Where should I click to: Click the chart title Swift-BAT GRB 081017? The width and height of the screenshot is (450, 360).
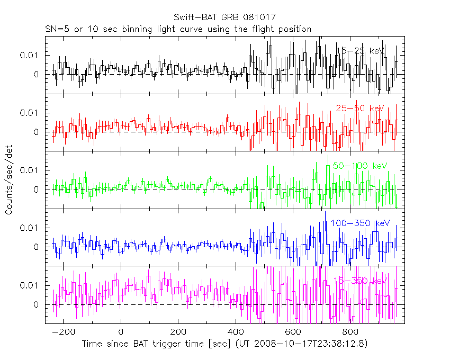pos(224,18)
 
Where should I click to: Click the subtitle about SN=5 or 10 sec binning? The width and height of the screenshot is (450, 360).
pos(177,29)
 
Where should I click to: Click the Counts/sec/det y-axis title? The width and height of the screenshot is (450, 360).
pos(9,179)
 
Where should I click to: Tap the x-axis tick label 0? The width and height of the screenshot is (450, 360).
pos(121,332)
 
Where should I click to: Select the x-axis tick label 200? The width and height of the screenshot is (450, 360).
pos(178,332)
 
